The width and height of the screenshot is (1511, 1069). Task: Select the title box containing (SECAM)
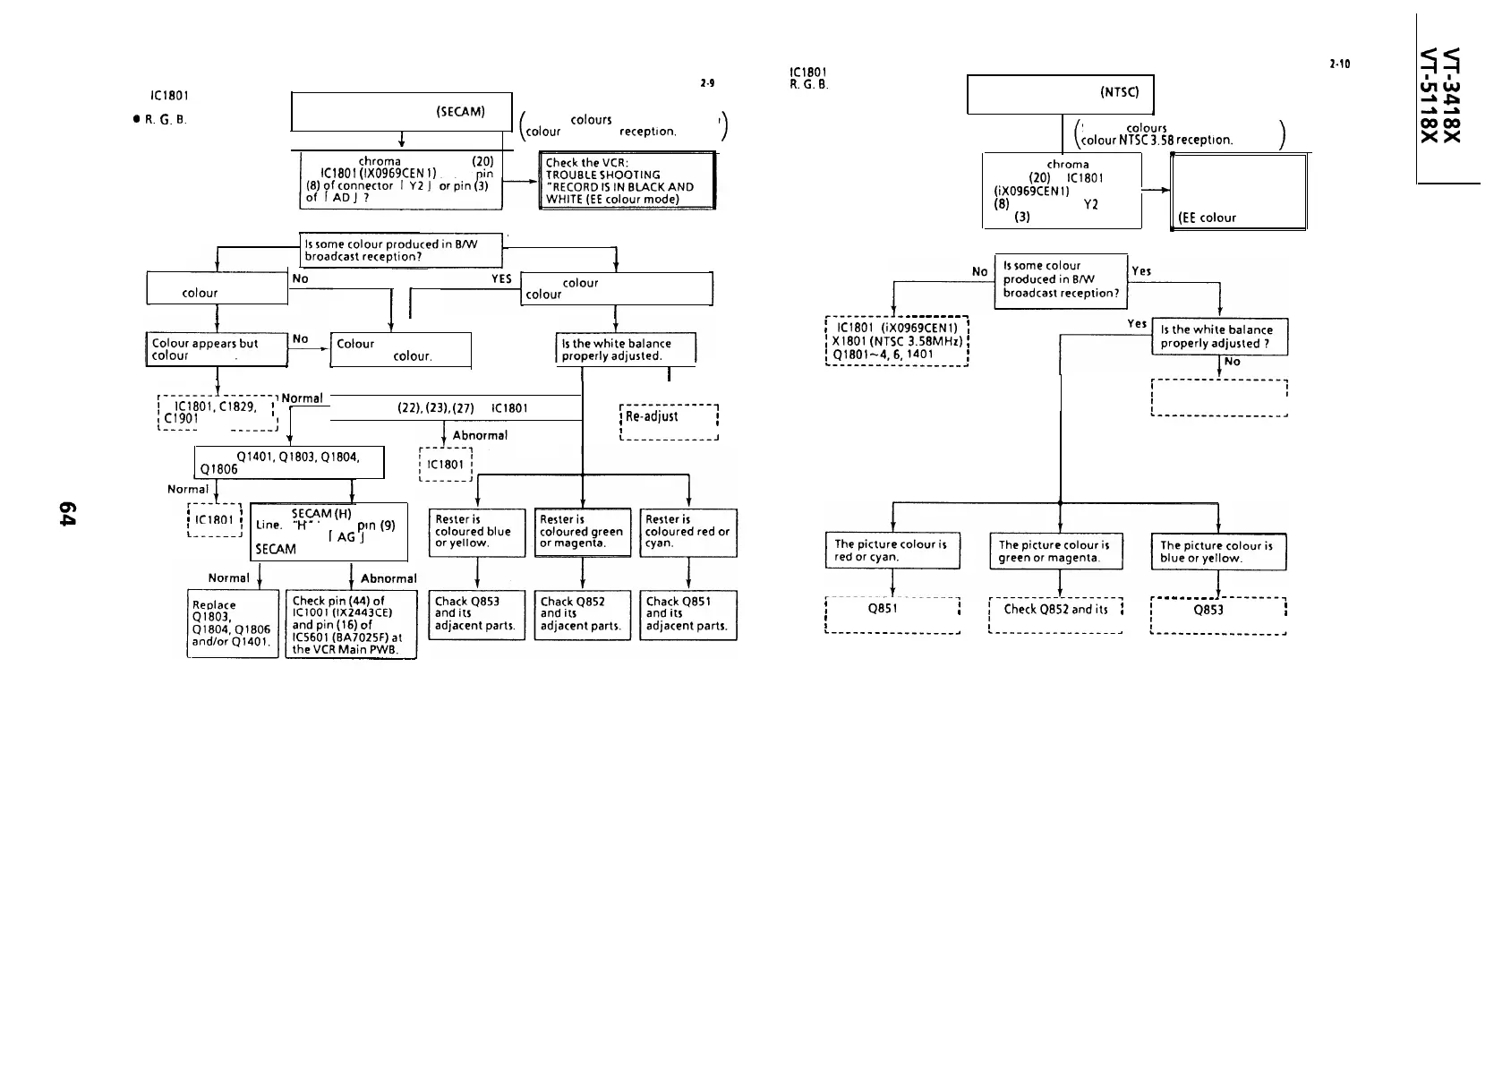[402, 112]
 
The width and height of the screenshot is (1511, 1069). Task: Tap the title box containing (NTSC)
[1061, 95]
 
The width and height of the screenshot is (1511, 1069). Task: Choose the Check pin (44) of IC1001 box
[351, 625]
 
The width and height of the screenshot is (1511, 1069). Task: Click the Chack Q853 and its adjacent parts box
[476, 614]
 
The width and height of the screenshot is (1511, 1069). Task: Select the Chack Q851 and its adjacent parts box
[687, 614]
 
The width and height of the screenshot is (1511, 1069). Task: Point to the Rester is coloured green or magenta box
[583, 532]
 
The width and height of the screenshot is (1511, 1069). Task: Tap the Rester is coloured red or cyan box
[687, 532]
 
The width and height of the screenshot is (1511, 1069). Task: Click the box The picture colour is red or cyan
[892, 551]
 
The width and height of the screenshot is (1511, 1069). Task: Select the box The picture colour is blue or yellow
[1217, 552]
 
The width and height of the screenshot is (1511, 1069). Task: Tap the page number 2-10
[1340, 64]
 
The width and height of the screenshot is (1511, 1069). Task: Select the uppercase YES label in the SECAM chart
[501, 278]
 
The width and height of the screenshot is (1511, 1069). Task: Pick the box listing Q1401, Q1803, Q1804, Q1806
[289, 463]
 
